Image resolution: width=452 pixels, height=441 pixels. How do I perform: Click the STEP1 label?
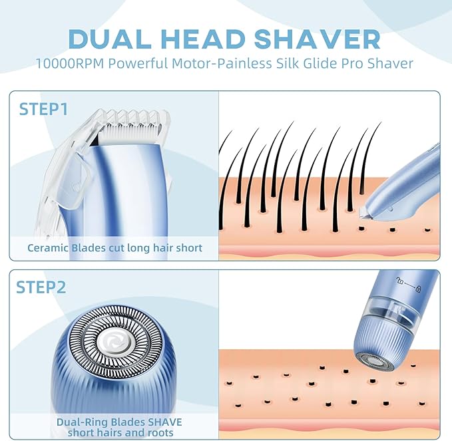tap(43, 108)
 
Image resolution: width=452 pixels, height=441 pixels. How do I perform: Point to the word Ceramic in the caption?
tap(49, 248)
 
